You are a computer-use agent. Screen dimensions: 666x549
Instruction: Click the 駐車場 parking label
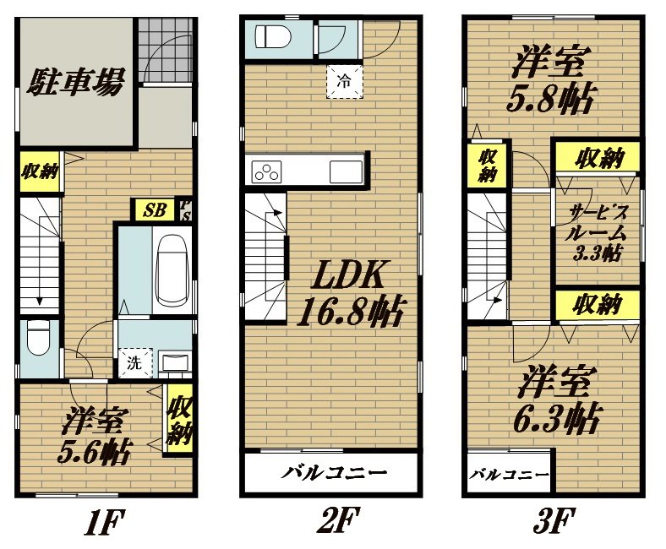point(75,81)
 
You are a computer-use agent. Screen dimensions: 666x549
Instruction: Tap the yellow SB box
point(154,209)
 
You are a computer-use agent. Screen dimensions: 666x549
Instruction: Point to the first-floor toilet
point(38,337)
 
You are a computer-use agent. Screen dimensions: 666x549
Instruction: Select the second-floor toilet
point(273,36)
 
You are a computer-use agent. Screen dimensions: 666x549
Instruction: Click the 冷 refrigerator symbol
point(345,82)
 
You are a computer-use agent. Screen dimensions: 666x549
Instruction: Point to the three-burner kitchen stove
point(267,172)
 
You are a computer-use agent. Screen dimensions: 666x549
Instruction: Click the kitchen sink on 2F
point(346,172)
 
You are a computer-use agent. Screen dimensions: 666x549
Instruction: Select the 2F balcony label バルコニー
point(335,473)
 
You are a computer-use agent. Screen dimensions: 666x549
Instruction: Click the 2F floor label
point(339,520)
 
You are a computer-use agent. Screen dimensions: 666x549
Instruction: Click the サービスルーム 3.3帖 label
point(596,232)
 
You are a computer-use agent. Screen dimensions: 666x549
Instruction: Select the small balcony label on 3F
point(509,475)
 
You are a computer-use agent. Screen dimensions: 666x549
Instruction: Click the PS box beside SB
point(184,209)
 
